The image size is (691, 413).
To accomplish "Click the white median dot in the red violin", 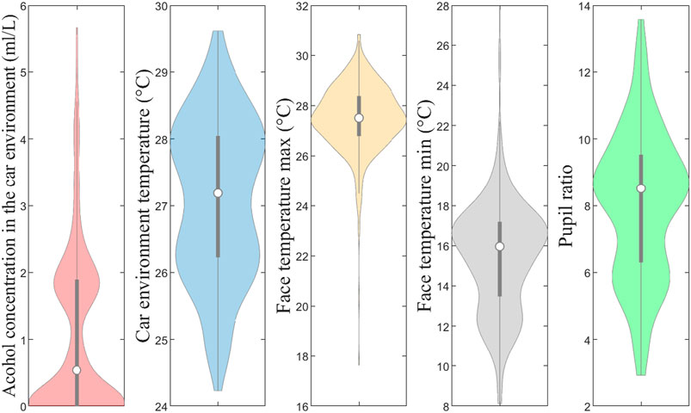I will coord(77,370).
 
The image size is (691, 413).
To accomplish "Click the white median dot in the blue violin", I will coord(218,193).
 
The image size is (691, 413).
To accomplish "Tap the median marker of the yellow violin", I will coord(359,118).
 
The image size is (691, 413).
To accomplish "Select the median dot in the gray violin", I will coord(500,246).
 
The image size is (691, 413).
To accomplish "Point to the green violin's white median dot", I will coord(641,188).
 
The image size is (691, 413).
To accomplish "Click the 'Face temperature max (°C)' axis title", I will coord(284,206).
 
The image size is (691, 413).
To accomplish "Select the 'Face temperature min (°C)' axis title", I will coord(425,206).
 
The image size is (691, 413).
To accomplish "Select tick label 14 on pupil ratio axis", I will coord(582,6).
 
